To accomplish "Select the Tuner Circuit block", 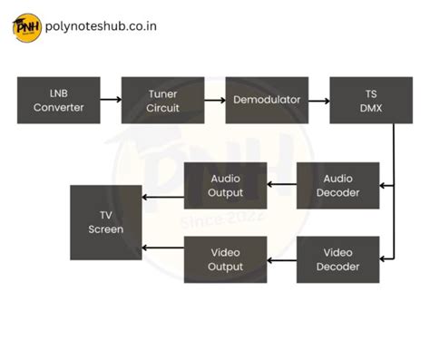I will tap(163, 101).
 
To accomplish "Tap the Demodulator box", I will tap(267, 101).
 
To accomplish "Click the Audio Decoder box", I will tap(337, 185).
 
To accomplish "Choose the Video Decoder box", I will tap(337, 259).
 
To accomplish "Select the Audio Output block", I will tap(226, 185).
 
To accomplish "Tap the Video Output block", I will tap(226, 259).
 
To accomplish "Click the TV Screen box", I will tap(106, 222).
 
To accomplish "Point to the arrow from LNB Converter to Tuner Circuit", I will tap(111, 101).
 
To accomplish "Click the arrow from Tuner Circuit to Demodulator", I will tap(215, 101).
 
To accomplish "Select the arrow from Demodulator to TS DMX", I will tap(318, 101).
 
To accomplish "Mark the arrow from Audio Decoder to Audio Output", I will tap(282, 185).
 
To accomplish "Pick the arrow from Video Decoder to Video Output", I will tap(282, 259).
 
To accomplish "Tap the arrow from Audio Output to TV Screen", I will tap(163, 197).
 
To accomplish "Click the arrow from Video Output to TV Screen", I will tap(163, 248).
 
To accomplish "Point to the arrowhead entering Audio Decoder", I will tap(384, 185).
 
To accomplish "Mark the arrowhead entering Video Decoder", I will tap(384, 259).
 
